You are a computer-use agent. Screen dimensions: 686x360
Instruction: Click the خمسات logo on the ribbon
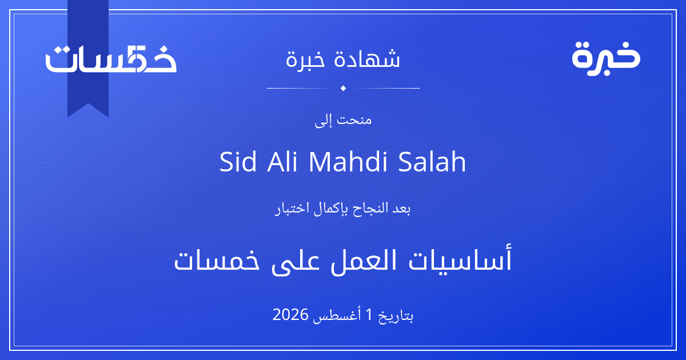[111, 59]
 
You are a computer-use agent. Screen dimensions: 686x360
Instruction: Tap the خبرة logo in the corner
[606, 59]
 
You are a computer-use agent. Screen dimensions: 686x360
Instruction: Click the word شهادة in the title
[367, 58]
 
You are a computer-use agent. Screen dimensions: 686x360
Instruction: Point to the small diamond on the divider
[343, 88]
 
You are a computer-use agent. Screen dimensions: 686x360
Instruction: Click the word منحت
[354, 119]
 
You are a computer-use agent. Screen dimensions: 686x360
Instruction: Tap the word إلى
[323, 121]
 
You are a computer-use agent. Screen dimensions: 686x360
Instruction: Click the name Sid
[238, 161]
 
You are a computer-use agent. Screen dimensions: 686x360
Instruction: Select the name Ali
[282, 161]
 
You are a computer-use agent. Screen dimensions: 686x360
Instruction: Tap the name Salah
[432, 161]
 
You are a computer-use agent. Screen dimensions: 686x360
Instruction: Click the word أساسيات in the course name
[460, 260]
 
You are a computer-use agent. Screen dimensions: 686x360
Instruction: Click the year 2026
[290, 315]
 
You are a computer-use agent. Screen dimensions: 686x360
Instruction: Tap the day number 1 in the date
[369, 315]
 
